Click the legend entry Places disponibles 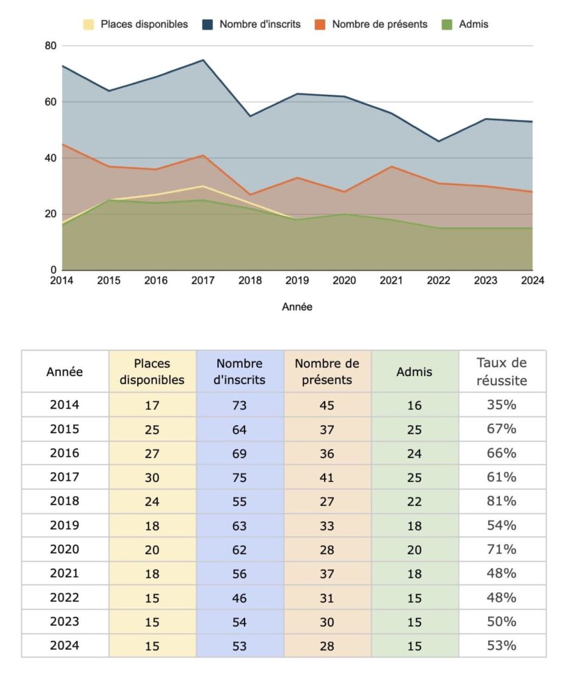click(x=136, y=25)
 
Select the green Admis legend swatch click(x=446, y=25)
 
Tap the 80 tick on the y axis click(x=50, y=46)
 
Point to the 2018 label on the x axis click(x=250, y=280)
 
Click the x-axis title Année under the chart click(x=297, y=306)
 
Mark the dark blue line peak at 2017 click(x=203, y=60)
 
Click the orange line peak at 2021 click(x=391, y=166)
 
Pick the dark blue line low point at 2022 click(x=439, y=141)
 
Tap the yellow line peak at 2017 click(x=203, y=186)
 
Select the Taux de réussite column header click(x=501, y=371)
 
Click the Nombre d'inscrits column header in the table click(x=240, y=371)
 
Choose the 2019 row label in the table click(x=64, y=525)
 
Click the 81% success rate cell click(x=501, y=501)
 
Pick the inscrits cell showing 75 click(x=240, y=477)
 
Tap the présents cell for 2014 click(x=327, y=405)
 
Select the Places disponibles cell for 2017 click(x=152, y=477)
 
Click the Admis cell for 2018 click(x=414, y=501)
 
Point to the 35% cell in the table click(x=501, y=404)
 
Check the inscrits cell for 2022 click(x=240, y=598)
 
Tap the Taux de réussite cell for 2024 click(x=501, y=645)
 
